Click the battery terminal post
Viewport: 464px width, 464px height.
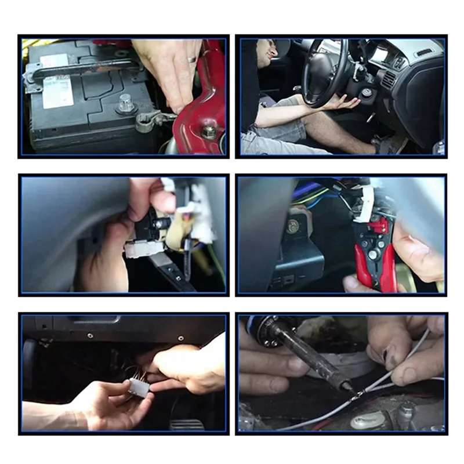[125, 105]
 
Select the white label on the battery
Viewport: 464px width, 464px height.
[58, 91]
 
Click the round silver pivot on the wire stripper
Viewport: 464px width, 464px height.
[372, 253]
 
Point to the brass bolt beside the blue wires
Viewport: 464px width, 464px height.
[293, 226]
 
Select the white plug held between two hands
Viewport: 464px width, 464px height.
[139, 387]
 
